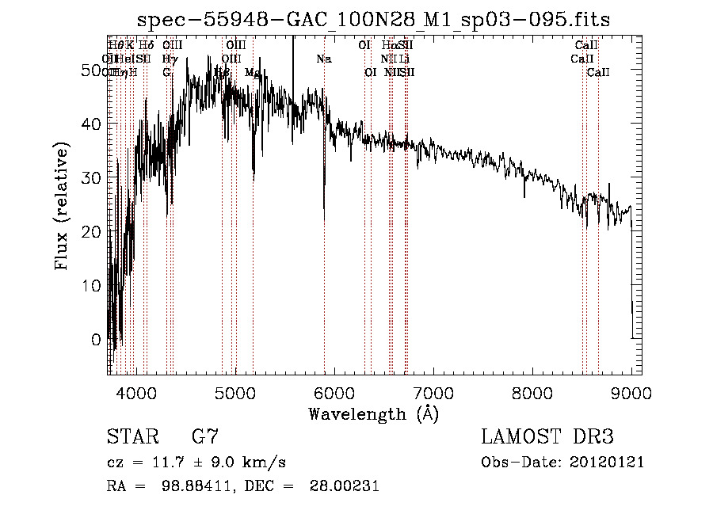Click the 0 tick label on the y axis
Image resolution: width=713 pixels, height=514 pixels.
click(96, 340)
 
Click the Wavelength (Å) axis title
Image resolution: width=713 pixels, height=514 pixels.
click(373, 413)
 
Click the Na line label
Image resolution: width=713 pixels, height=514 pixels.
click(323, 59)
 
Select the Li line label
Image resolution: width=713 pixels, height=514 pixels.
click(404, 59)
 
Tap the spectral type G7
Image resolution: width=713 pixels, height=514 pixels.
click(204, 437)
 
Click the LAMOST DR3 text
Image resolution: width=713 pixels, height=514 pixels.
click(547, 437)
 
